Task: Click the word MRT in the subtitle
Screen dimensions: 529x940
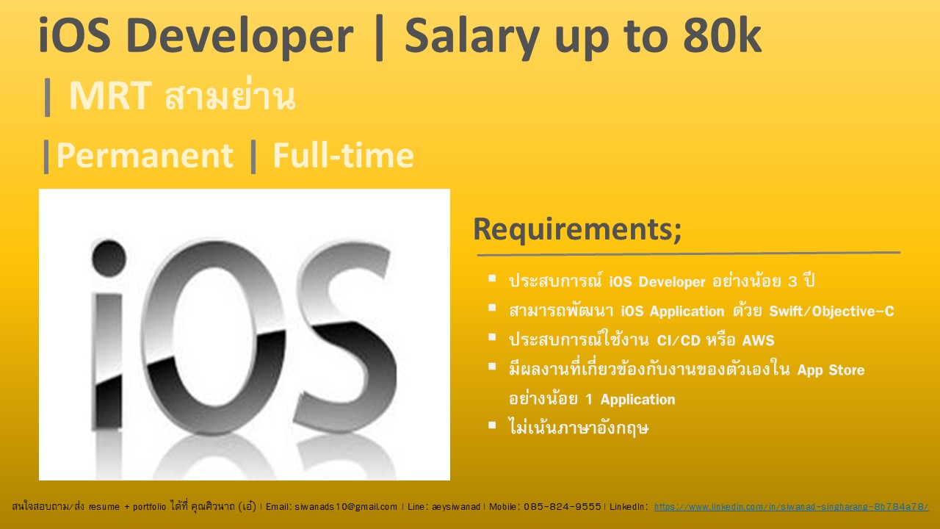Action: [x=110, y=97]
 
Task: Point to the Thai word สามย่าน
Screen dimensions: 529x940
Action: [x=230, y=97]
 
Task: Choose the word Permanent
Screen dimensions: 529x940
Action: [x=144, y=156]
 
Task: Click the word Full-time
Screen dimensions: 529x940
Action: [x=343, y=156]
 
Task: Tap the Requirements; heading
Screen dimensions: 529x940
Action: [x=577, y=228]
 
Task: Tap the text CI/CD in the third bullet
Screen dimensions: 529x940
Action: [x=665, y=340]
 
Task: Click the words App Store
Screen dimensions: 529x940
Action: [x=831, y=370]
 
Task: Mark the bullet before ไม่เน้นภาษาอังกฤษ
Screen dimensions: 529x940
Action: [x=492, y=424]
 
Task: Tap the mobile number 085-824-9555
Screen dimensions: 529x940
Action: [x=562, y=507]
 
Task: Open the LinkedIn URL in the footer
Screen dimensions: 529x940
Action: [x=791, y=507]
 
